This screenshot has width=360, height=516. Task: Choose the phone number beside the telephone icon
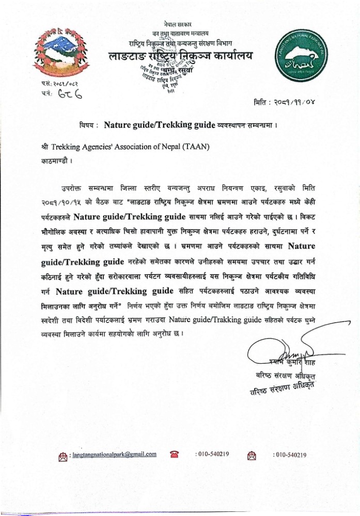pyautogui.click(x=212, y=454)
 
